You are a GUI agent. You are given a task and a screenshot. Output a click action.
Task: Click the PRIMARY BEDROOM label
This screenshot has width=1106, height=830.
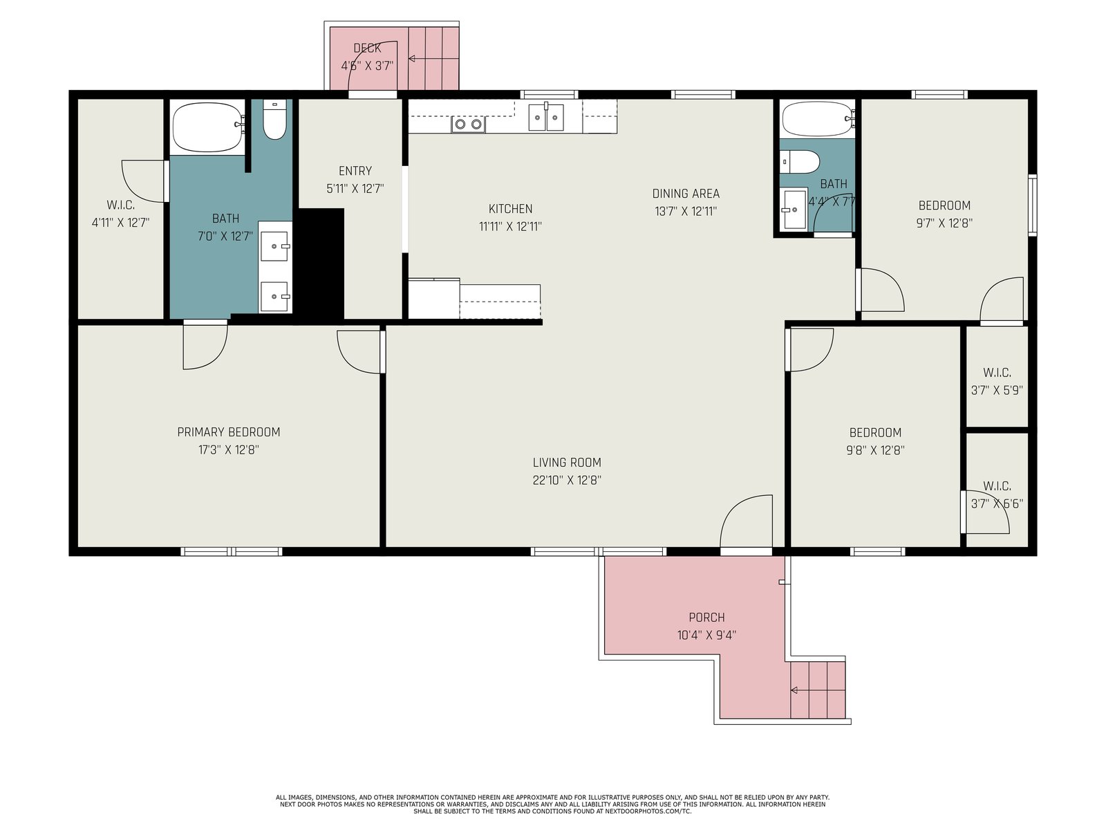click(x=228, y=432)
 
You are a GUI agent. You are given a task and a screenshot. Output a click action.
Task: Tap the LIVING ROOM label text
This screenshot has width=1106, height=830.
click(x=567, y=462)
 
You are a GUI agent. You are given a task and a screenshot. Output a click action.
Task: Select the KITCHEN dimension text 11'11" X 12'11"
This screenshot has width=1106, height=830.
click(x=510, y=226)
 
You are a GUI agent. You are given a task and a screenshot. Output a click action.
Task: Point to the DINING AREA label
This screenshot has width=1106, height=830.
click(x=686, y=194)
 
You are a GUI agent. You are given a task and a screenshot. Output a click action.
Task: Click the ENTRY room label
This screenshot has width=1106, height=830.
click(x=355, y=171)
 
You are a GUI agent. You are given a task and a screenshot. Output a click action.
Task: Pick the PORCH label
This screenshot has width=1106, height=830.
click(x=707, y=618)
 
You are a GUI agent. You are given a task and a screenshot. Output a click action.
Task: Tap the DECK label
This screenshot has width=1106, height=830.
click(x=367, y=48)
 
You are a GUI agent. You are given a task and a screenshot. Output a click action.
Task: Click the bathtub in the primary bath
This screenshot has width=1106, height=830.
click(x=207, y=127)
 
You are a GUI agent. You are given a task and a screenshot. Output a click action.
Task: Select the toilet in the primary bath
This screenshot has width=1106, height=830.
click(x=275, y=119)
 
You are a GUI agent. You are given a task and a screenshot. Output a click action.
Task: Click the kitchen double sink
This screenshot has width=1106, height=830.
click(x=546, y=118)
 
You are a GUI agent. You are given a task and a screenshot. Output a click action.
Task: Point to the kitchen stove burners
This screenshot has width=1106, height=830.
click(x=468, y=124)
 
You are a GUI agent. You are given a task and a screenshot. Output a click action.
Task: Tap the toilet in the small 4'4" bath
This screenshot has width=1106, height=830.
click(x=800, y=162)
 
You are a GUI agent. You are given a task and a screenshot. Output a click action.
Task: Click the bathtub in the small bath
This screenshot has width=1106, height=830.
click(x=817, y=119)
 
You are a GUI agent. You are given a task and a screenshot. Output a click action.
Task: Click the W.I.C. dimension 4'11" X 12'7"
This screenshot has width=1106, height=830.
click(x=121, y=222)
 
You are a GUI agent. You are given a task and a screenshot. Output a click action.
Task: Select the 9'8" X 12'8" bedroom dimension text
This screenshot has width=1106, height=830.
click(x=875, y=450)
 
